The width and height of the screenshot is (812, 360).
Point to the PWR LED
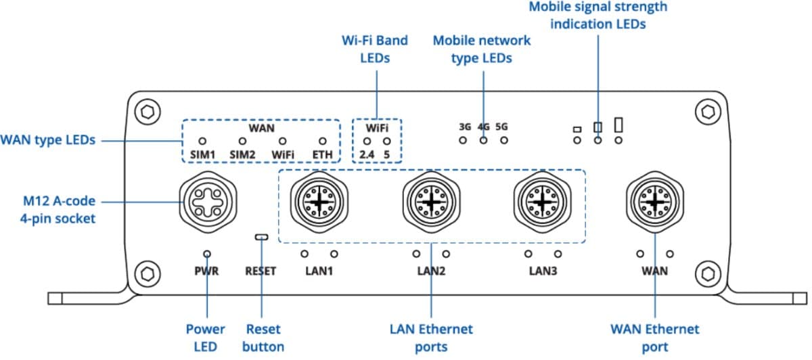point(206,254)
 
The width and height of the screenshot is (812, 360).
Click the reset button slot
point(261,238)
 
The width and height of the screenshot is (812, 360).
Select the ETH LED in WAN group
point(323,141)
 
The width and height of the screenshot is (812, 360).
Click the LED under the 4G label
point(483,141)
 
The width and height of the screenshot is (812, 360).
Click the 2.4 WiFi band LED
point(367,141)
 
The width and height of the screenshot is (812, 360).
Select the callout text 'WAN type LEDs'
point(47,141)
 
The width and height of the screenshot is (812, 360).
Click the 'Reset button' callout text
point(263,338)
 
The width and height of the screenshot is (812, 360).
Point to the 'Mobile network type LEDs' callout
point(482,49)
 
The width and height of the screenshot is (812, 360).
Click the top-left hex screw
point(143,110)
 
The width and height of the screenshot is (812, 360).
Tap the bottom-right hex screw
point(708,273)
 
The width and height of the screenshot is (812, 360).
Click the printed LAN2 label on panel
point(431,271)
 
